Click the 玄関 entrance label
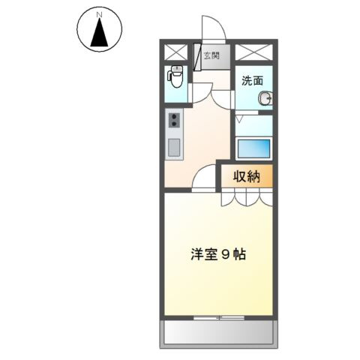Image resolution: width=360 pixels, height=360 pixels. click(212, 55)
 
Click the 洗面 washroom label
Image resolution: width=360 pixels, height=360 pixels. click(251, 80)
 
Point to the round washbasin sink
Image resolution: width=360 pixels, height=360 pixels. click(264, 98)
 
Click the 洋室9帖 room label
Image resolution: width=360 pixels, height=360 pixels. click(217, 253)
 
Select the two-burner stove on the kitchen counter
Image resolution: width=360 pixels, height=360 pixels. click(173, 121)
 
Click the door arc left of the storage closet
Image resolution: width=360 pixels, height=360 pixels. click(205, 178)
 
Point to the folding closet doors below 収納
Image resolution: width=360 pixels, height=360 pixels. click(245, 197)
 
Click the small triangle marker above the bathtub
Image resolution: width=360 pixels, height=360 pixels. click(240, 119)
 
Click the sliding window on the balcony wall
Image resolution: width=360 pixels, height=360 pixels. click(217, 318)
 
